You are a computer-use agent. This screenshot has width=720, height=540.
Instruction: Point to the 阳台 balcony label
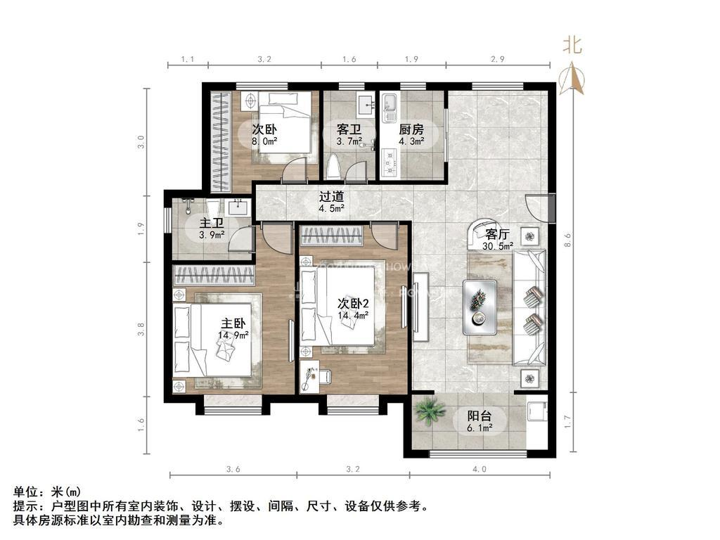(480, 416)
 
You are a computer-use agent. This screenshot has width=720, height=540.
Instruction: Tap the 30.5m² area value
(497, 246)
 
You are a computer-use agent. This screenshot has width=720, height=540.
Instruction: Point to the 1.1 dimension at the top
(187, 60)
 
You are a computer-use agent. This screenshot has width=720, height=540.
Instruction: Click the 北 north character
(572, 46)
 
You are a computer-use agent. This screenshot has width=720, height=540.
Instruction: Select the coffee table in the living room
(480, 307)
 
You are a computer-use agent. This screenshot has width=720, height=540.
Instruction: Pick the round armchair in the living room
(485, 234)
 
